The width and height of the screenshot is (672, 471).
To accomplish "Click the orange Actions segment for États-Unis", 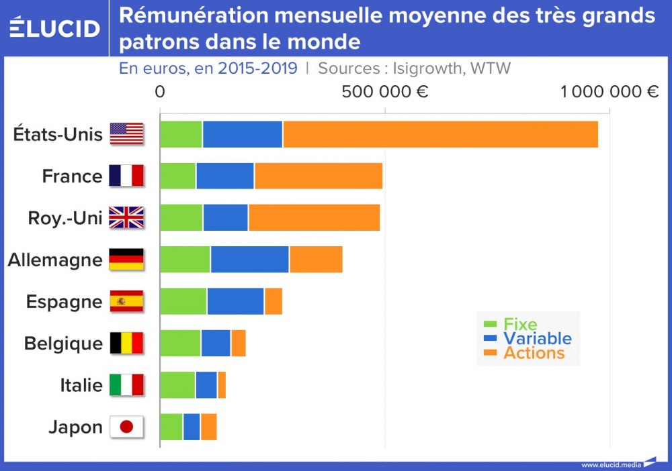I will click(x=440, y=134).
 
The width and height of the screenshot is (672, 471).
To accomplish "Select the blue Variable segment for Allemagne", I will click(x=249, y=259).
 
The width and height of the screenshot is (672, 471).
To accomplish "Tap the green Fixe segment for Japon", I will click(x=171, y=427).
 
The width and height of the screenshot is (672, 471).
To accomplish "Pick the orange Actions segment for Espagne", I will click(x=273, y=301).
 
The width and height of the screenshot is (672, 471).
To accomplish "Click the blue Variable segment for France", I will click(x=225, y=176).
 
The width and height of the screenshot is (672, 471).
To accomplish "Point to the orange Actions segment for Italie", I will click(x=222, y=385).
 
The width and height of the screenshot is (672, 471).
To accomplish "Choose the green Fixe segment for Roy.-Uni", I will click(x=181, y=217).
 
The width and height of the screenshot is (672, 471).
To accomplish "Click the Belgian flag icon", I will click(x=126, y=344).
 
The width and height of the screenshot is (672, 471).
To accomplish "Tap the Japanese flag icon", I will click(x=126, y=427).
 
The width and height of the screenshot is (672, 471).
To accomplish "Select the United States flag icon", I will click(x=126, y=134).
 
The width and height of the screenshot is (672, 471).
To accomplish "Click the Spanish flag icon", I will click(x=126, y=301).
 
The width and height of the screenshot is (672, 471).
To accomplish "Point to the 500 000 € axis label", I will click(x=385, y=92).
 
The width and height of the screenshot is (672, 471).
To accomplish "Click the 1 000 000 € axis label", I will click(x=610, y=92).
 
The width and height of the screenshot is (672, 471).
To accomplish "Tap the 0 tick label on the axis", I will click(x=160, y=92).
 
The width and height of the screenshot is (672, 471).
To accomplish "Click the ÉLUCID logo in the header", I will click(x=55, y=28).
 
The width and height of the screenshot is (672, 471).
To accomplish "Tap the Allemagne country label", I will click(x=55, y=260).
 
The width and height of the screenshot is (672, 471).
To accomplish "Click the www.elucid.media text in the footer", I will click(x=611, y=464).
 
